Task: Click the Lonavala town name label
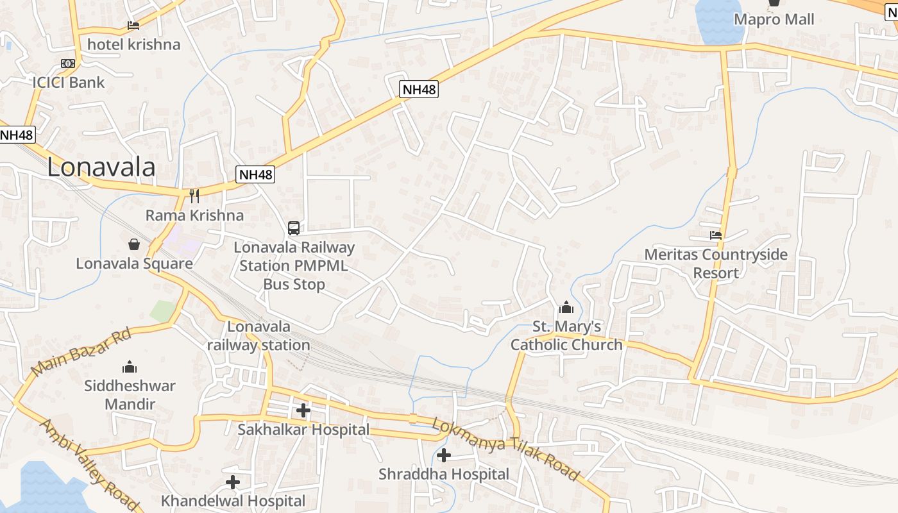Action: pyautogui.click(x=101, y=167)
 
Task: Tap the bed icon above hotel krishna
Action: pyautogui.click(x=133, y=26)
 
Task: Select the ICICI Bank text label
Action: pyautogui.click(x=69, y=82)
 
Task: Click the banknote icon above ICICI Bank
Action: pyautogui.click(x=68, y=63)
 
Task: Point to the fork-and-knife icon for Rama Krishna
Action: pyautogui.click(x=194, y=196)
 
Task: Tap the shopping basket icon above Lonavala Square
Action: pyautogui.click(x=134, y=244)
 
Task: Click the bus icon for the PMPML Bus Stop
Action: pyautogui.click(x=294, y=228)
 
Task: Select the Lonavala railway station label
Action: pyautogui.click(x=258, y=335)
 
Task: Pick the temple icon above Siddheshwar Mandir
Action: pyautogui.click(x=130, y=367)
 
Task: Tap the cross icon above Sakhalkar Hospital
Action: pyautogui.click(x=303, y=410)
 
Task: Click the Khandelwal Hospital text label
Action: pyautogui.click(x=233, y=500)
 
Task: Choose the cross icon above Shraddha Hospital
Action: pyautogui.click(x=443, y=455)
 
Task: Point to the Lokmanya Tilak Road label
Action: pyautogui.click(x=505, y=448)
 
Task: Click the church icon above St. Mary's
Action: pyautogui.click(x=566, y=308)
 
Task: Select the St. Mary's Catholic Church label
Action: pyautogui.click(x=566, y=335)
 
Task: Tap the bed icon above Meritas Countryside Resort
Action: pyautogui.click(x=716, y=235)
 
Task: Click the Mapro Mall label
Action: pyautogui.click(x=774, y=19)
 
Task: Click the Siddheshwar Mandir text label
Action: pyautogui.click(x=130, y=395)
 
